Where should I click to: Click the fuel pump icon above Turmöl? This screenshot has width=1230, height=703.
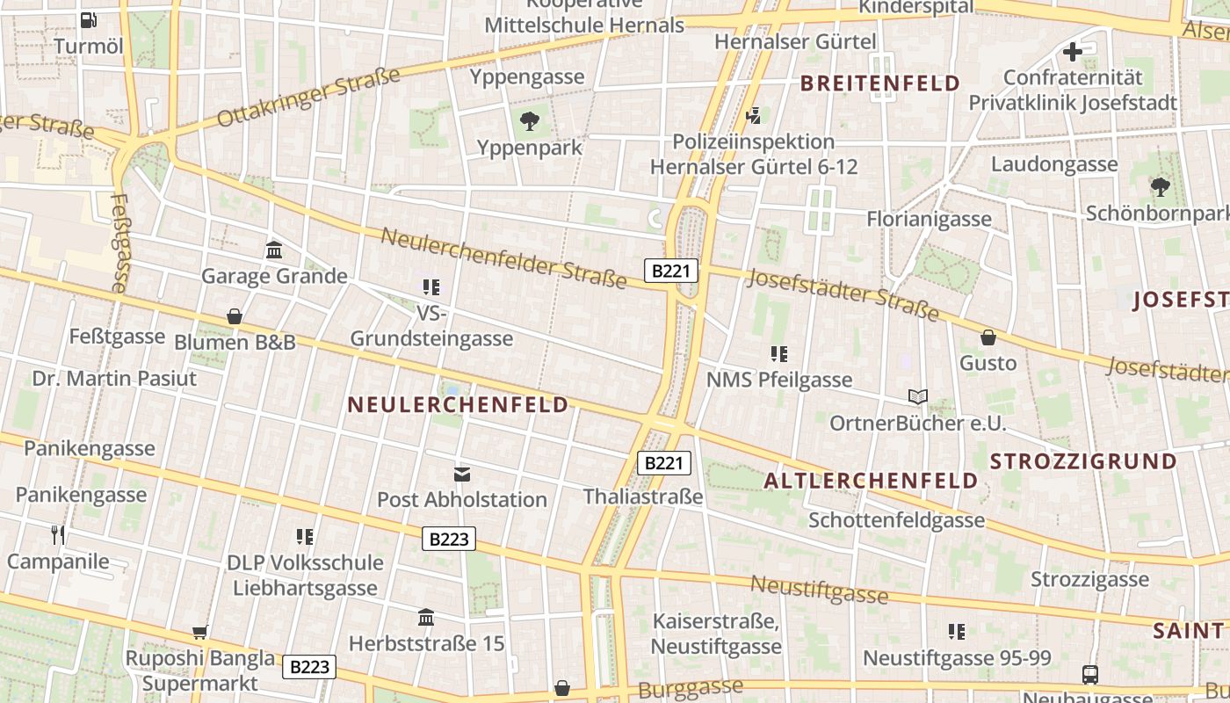[x=88, y=19]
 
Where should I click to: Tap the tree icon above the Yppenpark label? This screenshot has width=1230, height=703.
[x=529, y=121]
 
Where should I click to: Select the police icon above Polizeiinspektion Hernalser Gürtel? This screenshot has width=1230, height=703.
[x=753, y=115]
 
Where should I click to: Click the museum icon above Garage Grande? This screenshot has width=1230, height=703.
[x=274, y=250]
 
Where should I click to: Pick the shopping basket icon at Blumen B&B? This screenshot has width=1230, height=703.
[x=235, y=316]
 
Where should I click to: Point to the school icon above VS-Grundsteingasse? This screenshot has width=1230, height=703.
[x=431, y=286]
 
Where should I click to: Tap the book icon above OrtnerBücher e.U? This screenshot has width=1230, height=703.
[x=918, y=397]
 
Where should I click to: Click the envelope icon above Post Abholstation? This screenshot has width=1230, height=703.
[x=462, y=475]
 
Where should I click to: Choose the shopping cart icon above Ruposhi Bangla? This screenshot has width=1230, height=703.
[x=200, y=632]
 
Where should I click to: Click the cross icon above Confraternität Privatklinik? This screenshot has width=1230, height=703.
[x=1073, y=53]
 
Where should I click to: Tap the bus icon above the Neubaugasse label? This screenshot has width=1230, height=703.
[x=1090, y=675]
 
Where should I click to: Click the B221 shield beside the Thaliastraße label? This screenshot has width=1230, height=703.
[x=663, y=463]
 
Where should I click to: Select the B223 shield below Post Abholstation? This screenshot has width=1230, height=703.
[x=449, y=539]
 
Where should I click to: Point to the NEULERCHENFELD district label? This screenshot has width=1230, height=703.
[x=458, y=405]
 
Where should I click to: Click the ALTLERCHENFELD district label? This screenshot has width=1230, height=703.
[x=870, y=481]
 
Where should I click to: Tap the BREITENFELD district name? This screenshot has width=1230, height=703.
[x=879, y=83]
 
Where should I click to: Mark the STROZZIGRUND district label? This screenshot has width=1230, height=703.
[x=1083, y=461]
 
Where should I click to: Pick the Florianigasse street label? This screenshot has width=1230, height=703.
[x=929, y=219]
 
